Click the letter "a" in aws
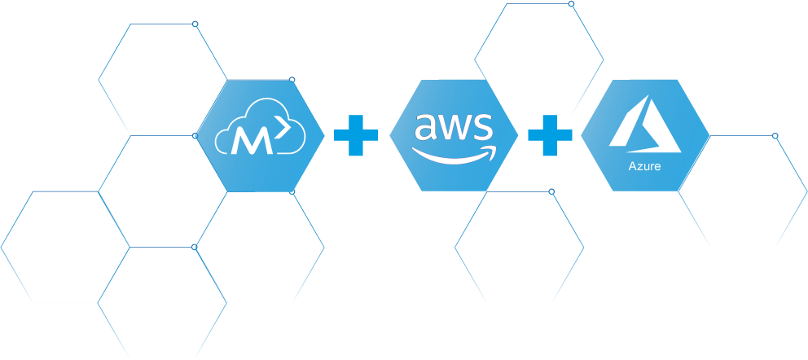click(x=427, y=127)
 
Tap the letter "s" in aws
click(x=482, y=127)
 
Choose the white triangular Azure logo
click(x=644, y=126)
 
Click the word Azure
click(x=644, y=167)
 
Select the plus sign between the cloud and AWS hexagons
click(x=356, y=136)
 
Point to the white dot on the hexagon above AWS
click(x=571, y=4)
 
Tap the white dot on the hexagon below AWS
click(x=551, y=191)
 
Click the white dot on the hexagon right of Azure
click(x=775, y=135)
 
